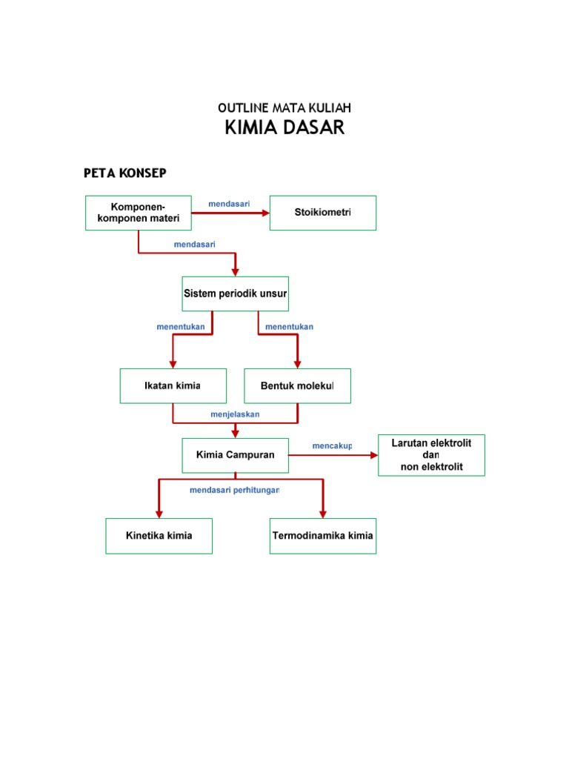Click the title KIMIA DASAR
284,128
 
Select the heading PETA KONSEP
125,173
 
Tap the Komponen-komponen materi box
139,213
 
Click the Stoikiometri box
322,213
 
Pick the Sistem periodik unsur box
236,294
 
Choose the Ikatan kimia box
173,386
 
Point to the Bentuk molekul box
297,386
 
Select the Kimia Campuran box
235,455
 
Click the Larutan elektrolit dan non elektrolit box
431,454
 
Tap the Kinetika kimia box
159,536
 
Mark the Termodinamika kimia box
322,536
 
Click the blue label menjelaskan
235,414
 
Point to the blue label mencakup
332,446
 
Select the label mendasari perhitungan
234,491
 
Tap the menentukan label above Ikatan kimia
181,327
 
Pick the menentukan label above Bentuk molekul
289,327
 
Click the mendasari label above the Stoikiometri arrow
229,204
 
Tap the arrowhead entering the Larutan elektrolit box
373,455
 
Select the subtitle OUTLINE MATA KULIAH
284,109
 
